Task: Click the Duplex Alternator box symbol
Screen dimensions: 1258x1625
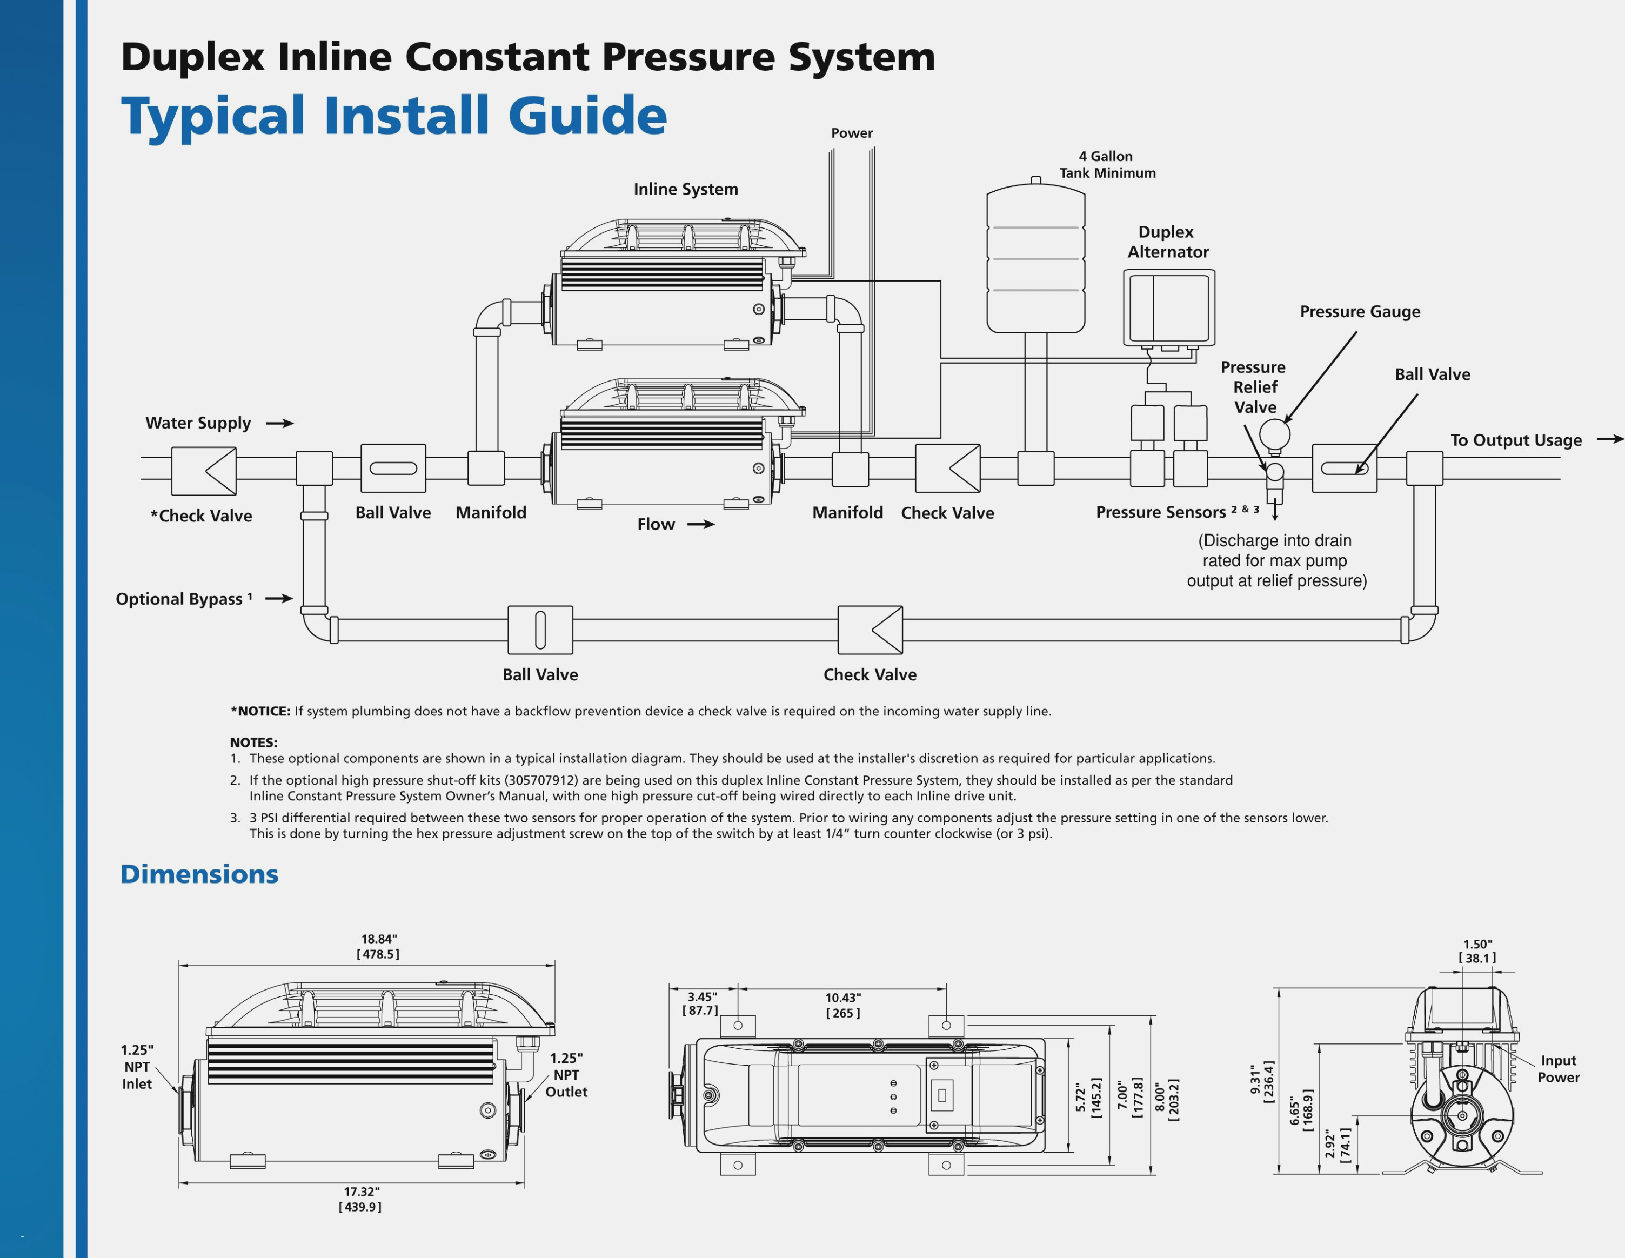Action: tap(1169, 307)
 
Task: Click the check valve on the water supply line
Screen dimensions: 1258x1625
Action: tap(204, 470)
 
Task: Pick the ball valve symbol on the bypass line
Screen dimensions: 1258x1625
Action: tap(540, 630)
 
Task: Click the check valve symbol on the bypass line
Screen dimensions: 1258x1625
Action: tap(870, 630)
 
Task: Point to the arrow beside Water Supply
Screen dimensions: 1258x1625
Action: tap(280, 423)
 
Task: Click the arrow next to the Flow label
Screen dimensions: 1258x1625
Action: tap(700, 525)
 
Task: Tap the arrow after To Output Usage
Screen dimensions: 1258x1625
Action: tap(1609, 440)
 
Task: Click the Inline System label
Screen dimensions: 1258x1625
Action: tap(685, 189)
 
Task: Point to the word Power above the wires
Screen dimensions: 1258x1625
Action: tap(851, 133)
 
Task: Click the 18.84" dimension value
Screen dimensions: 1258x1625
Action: tap(379, 939)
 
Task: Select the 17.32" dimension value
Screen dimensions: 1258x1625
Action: tap(361, 1192)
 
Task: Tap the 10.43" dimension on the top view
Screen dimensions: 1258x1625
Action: tap(842, 998)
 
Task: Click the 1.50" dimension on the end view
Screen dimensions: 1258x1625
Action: tap(1477, 944)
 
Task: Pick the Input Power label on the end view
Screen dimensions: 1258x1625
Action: tap(1558, 1069)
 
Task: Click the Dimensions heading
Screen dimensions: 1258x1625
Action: tap(199, 874)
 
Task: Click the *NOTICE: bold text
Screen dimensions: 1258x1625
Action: tap(260, 711)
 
